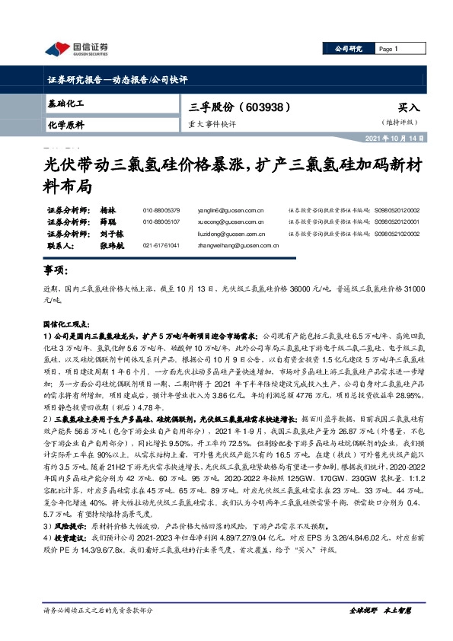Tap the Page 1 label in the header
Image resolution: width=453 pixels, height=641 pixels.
pyautogui.click(x=389, y=49)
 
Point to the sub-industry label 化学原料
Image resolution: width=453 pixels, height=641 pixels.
pyautogui.click(x=65, y=124)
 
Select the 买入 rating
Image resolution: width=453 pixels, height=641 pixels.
pyautogui.click(x=408, y=108)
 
